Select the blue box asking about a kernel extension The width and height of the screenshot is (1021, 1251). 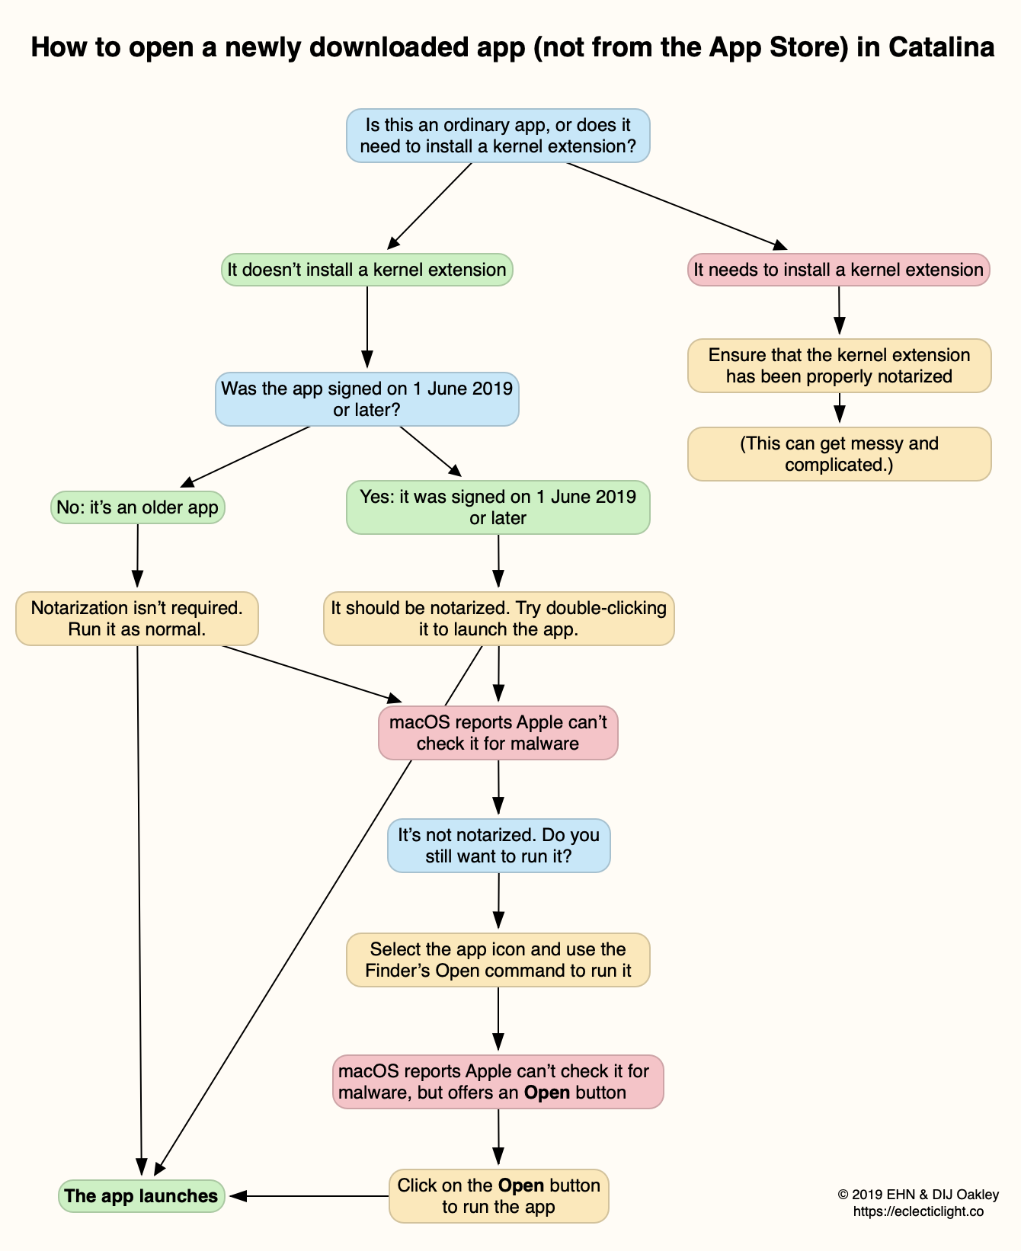click(x=498, y=136)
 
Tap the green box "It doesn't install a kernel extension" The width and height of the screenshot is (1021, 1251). click(x=366, y=270)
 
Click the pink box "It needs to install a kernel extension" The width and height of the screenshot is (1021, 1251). click(x=838, y=270)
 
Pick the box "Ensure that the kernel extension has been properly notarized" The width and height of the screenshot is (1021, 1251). click(x=839, y=366)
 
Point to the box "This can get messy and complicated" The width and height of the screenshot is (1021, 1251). click(x=839, y=454)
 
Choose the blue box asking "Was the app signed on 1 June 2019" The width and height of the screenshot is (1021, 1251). click(x=366, y=399)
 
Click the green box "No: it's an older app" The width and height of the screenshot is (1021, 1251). click(x=137, y=507)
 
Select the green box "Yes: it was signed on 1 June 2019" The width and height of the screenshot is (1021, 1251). click(x=498, y=507)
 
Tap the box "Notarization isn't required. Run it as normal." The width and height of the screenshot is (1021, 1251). click(x=137, y=619)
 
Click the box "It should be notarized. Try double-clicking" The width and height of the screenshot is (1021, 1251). click(x=498, y=619)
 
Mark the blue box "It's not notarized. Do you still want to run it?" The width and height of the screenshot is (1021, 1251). click(x=498, y=846)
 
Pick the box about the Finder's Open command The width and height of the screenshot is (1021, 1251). click(x=498, y=960)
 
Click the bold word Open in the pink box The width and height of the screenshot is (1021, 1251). click(x=547, y=1093)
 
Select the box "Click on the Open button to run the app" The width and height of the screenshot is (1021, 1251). click(x=498, y=1196)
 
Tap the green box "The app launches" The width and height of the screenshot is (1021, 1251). click(x=141, y=1196)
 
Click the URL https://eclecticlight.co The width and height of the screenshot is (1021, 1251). click(x=917, y=1211)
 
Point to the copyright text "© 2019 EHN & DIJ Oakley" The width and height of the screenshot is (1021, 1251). click(x=917, y=1195)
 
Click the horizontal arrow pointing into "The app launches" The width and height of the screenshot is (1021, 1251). click(x=309, y=1196)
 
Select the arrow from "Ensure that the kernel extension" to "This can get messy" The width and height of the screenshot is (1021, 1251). click(x=839, y=409)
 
